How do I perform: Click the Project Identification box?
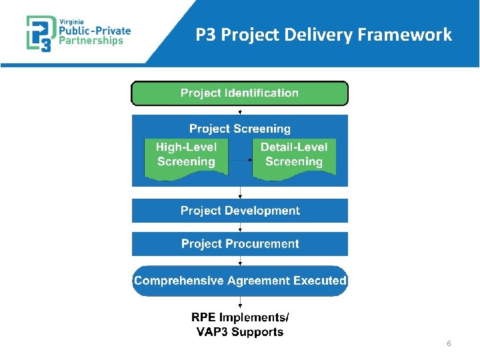pos(239,93)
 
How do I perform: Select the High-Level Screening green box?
pos(186,155)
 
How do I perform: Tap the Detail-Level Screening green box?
pos(294,155)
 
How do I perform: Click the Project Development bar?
pos(240,211)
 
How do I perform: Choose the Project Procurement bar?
pos(240,244)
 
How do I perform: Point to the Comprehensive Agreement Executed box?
pos(240,281)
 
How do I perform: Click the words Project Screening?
pos(240,129)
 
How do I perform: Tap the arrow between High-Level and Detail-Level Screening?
pos(240,161)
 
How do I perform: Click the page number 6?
pos(449,343)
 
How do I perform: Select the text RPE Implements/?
pos(240,318)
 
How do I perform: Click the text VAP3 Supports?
pos(240,332)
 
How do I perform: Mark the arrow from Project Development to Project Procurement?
pos(240,227)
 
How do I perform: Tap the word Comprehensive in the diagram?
pos(179,281)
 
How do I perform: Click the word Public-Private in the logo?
pos(95,30)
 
